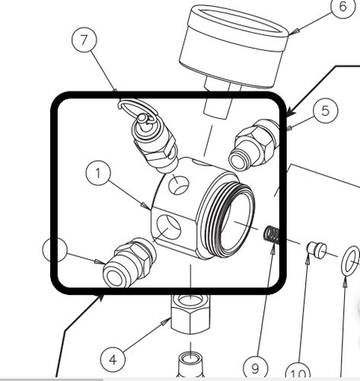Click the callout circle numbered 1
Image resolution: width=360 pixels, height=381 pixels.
[97, 174]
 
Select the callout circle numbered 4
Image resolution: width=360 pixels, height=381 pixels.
[112, 359]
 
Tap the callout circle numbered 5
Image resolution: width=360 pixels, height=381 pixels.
[325, 110]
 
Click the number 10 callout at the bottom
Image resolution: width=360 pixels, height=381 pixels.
[298, 373]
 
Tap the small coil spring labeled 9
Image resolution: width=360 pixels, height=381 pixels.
[272, 234]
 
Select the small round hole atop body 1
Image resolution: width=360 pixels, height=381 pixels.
[180, 184]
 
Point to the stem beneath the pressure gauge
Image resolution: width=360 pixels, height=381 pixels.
[218, 104]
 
